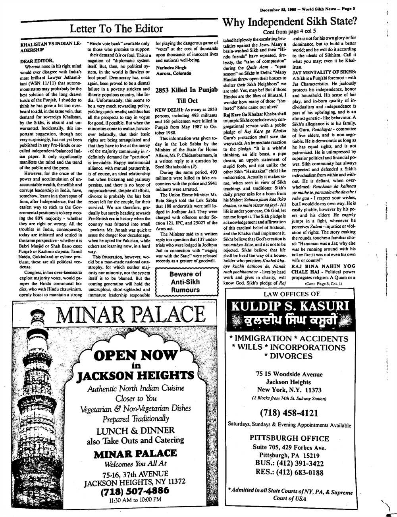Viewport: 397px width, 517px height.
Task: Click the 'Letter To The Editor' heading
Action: pos(116,29)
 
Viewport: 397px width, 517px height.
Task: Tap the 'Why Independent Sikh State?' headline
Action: pos(289,21)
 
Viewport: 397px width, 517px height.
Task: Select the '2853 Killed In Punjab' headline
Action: pos(187,90)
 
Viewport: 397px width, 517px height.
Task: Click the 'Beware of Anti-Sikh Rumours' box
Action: pos(185,282)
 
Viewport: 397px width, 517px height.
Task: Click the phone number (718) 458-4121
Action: pos(289,413)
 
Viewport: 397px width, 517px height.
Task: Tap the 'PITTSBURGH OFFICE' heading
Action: pos(289,438)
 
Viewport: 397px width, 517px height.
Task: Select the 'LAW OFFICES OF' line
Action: pos(292,294)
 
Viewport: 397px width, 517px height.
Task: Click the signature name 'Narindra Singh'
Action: pos(171,68)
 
